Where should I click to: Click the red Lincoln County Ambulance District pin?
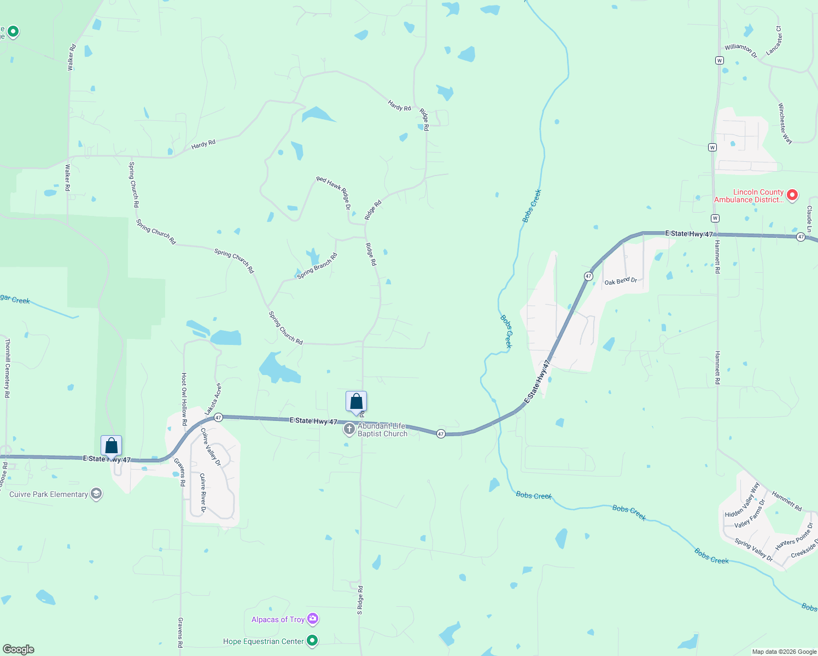(792, 195)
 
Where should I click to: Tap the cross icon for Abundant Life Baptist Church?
(349, 429)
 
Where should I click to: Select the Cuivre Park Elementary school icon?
(96, 494)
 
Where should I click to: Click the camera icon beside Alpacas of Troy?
(313, 619)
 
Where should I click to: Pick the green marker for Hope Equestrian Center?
(312, 640)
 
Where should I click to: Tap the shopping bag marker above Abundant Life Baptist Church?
(356, 402)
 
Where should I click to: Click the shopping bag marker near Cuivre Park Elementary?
(111, 446)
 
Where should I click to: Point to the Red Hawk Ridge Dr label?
(334, 192)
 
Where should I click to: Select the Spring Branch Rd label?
(317, 266)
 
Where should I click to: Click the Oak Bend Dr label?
(621, 281)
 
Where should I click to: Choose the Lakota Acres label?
(214, 399)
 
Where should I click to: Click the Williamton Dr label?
(741, 51)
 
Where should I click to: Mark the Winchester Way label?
(785, 124)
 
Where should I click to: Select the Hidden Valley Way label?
(742, 500)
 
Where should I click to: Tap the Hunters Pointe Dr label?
(794, 537)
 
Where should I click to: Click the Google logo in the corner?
(19, 649)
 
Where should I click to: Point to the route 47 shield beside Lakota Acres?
(218, 417)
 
